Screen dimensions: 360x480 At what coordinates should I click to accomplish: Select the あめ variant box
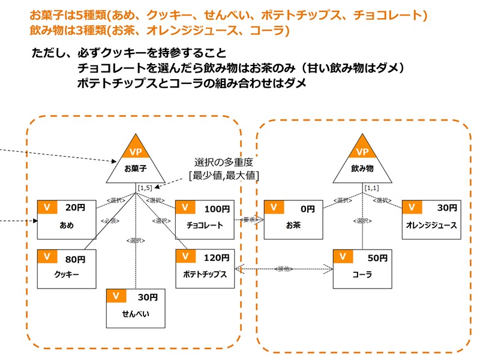67,219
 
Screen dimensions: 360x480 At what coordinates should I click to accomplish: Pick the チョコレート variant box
204,219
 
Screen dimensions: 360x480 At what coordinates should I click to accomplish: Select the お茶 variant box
293,219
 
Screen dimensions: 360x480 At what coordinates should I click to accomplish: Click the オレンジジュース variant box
431,219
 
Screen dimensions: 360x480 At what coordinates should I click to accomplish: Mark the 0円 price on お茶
307,209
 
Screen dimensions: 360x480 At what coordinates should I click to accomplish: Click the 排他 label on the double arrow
283,269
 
